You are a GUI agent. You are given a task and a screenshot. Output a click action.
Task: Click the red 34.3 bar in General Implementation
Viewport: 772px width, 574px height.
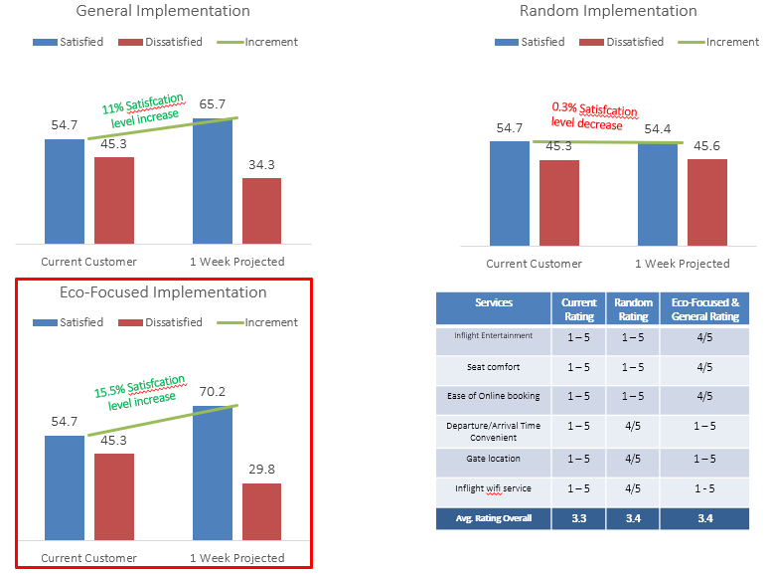tap(261, 210)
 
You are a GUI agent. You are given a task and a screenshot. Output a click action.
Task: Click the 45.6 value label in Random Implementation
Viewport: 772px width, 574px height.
tap(707, 146)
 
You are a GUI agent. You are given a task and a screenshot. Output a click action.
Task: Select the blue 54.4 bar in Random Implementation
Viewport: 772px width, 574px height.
tap(657, 194)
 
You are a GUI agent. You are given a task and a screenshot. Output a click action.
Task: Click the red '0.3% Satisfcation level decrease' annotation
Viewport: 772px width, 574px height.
tap(594, 117)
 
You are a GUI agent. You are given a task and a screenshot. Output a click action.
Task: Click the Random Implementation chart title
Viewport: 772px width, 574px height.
tap(608, 11)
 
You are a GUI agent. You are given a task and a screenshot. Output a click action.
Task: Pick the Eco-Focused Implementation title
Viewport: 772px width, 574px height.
tap(163, 292)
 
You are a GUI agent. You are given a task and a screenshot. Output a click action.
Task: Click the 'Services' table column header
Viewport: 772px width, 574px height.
tap(494, 302)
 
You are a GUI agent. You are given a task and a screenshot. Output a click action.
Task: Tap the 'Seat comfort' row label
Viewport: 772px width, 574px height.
tap(494, 367)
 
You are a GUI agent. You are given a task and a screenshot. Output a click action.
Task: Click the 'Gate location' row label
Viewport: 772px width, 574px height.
tap(494, 460)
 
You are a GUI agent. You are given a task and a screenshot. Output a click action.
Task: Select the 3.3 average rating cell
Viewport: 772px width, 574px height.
tap(579, 517)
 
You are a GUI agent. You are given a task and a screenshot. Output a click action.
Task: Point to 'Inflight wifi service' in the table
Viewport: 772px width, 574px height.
tap(494, 488)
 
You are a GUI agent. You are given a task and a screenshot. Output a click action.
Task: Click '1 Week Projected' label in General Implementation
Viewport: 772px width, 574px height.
tap(236, 262)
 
